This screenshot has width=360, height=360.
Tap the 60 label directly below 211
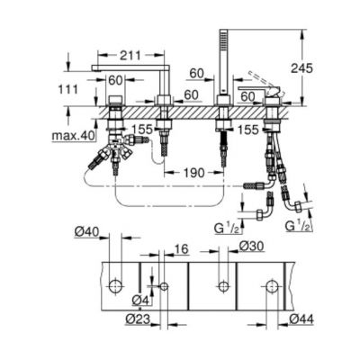[115, 79]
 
